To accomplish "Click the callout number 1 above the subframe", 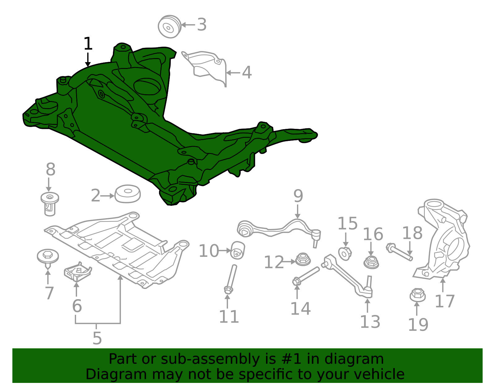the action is click(x=88, y=44).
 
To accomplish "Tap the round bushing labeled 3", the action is click(x=170, y=27).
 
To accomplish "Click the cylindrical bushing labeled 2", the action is click(x=127, y=193).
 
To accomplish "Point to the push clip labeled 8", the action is click(x=50, y=204).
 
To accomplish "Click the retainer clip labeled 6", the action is click(x=78, y=272).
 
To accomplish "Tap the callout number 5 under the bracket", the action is click(x=97, y=338).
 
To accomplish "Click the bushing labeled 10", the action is click(x=238, y=250).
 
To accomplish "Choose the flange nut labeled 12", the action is click(x=303, y=259).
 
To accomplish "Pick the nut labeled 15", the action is click(x=345, y=254).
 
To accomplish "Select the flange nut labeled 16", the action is click(x=371, y=262).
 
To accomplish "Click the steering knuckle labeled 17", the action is click(x=441, y=239).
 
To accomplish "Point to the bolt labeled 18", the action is click(x=399, y=252).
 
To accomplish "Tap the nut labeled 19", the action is click(x=417, y=295).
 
